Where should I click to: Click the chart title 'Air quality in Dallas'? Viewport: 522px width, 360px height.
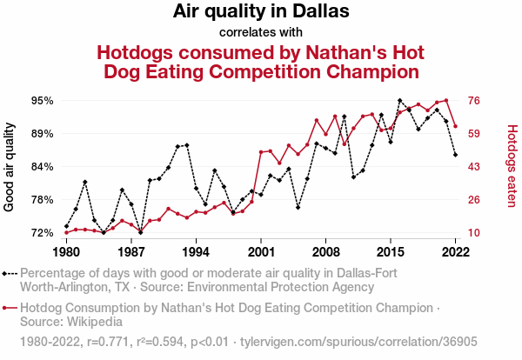(x=261, y=12)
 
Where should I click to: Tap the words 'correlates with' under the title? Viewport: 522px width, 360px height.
(x=261, y=33)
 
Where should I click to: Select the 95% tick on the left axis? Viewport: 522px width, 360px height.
(x=41, y=101)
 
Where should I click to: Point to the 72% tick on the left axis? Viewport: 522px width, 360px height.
(x=41, y=233)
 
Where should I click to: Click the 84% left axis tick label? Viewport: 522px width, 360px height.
(x=41, y=167)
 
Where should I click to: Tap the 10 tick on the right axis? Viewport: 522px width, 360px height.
(x=476, y=233)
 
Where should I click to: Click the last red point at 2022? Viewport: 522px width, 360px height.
(x=456, y=126)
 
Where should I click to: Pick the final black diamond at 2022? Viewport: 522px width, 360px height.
(x=456, y=155)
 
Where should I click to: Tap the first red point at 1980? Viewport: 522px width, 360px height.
(x=66, y=232)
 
